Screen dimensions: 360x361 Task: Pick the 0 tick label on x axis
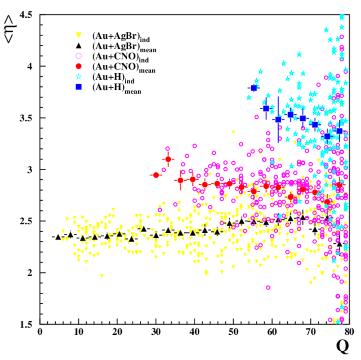click(x=40, y=332)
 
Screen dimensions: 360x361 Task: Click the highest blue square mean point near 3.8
click(x=254, y=88)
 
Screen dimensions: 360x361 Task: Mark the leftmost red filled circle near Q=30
click(x=156, y=175)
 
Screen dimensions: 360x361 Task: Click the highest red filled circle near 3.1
click(x=168, y=159)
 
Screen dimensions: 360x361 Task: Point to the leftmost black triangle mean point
click(x=58, y=237)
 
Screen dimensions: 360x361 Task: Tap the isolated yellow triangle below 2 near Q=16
click(x=102, y=276)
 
